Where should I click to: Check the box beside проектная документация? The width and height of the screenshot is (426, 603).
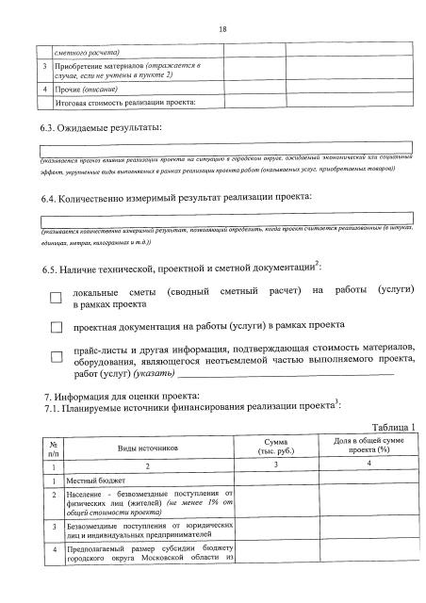point(56,328)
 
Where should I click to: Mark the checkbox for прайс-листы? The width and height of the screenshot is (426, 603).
point(56,354)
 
